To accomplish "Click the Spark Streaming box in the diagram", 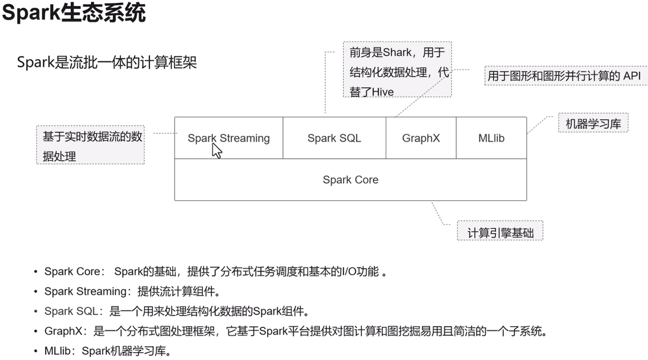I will pos(228,138).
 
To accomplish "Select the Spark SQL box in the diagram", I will pos(334,138).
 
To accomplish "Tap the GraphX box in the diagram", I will pos(421,138).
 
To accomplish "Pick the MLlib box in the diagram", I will pos(491,138).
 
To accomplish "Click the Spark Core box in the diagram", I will pos(350,180).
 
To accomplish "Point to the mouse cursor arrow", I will pos(217,151).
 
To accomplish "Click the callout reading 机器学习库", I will pos(593,124).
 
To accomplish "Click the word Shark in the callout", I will pos(397,52).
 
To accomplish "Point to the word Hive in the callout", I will pos(381,92).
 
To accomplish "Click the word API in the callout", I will pos(631,76).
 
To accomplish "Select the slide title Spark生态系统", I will pos(74,12).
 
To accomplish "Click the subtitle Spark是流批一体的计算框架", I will pos(107,62).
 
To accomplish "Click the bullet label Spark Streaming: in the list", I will pos(88,291).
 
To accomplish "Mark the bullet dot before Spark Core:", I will pos(35,272).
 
